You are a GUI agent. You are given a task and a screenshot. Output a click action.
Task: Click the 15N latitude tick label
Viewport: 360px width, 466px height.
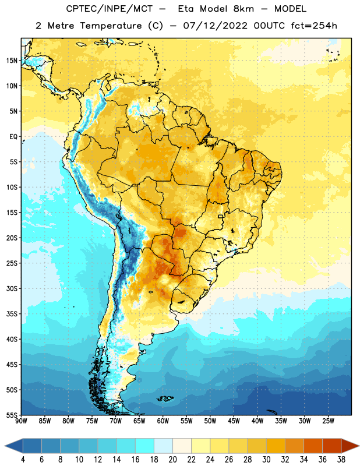12,61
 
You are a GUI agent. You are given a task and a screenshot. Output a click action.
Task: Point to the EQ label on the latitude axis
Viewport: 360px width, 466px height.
13,137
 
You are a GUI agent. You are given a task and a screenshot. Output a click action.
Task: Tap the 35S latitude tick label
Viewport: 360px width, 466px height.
12,314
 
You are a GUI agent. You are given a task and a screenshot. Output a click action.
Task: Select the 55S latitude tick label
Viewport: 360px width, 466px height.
12,415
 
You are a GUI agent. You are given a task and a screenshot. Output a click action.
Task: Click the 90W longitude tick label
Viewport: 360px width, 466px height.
21,421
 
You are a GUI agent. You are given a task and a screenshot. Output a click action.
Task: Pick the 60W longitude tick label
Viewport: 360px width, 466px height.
163,421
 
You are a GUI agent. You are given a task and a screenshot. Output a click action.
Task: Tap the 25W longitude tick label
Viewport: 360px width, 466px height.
328,421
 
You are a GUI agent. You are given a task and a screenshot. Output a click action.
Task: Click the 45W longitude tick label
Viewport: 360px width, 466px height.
234,421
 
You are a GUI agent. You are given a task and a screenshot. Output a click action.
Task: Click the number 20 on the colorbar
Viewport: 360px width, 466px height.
172,459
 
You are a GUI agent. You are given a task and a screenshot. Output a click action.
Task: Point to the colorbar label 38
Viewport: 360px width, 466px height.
341,459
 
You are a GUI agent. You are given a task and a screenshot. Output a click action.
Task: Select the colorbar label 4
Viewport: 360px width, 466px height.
23,459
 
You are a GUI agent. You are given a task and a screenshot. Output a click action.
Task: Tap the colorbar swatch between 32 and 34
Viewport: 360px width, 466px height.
294,446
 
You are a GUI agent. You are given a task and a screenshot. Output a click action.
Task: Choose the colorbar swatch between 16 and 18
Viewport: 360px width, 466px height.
144,446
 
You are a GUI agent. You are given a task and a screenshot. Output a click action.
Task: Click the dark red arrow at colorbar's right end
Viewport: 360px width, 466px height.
350,446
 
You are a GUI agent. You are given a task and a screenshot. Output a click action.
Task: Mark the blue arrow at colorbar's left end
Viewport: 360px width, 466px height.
13,446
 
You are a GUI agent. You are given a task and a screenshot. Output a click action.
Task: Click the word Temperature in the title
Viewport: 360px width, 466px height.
111,26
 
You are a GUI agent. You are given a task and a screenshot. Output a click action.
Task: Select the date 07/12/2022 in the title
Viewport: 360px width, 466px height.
215,26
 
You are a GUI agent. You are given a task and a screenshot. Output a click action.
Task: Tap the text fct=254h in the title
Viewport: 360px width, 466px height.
314,26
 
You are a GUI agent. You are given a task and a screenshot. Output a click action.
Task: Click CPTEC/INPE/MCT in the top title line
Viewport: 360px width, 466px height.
109,9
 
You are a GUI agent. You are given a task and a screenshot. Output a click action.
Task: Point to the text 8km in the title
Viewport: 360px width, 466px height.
243,9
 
